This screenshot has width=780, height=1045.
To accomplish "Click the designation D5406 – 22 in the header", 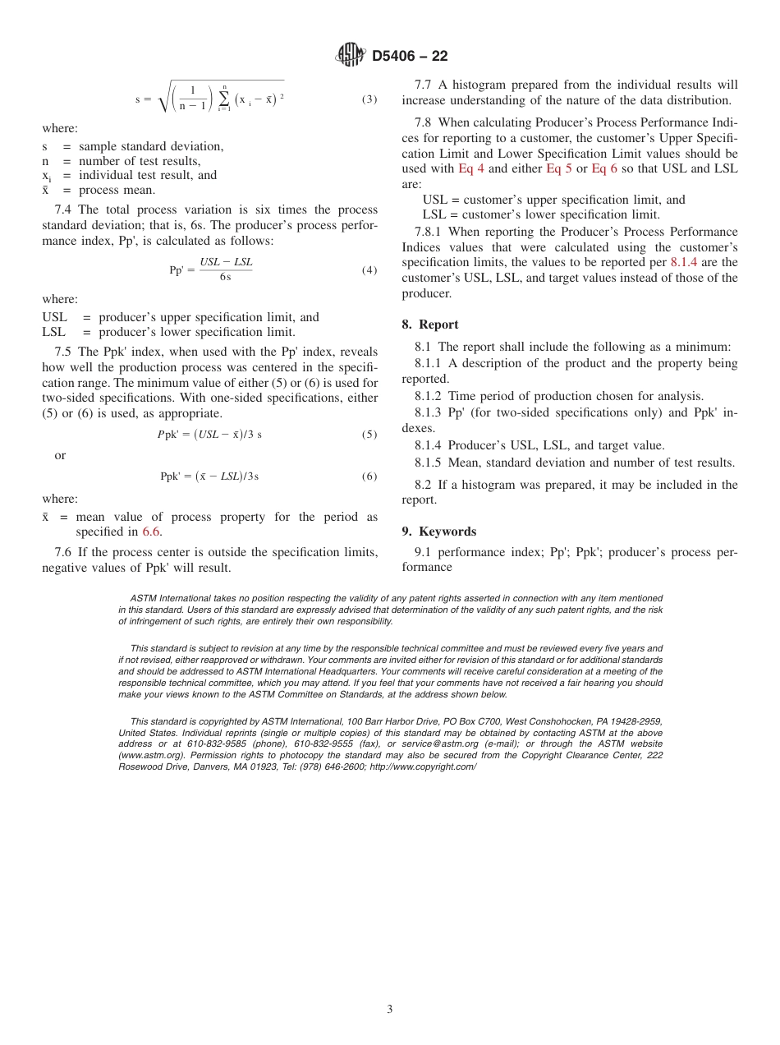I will coord(410,57).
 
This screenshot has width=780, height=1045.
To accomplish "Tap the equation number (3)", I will coord(369,99).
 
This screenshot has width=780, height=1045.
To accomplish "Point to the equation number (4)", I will coord(369,270).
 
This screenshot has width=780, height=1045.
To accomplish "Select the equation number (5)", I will coord(369,435).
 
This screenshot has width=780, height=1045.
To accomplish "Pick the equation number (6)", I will coord(369,476).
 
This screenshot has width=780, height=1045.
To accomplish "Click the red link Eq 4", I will coord(470,169).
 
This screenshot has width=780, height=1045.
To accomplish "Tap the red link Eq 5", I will coord(558,169).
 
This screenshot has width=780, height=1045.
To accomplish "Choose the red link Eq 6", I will coord(604,169).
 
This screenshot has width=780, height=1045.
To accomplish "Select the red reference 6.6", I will coord(151,532).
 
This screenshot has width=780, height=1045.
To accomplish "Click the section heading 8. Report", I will coord(430,325).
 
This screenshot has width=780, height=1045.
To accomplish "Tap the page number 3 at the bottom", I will coord(390,1010).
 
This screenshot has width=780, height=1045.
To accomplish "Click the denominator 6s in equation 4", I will coord(225,278).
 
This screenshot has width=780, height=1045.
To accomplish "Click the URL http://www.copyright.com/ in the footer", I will coord(423,766).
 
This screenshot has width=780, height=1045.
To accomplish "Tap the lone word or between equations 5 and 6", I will coord(60,456).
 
